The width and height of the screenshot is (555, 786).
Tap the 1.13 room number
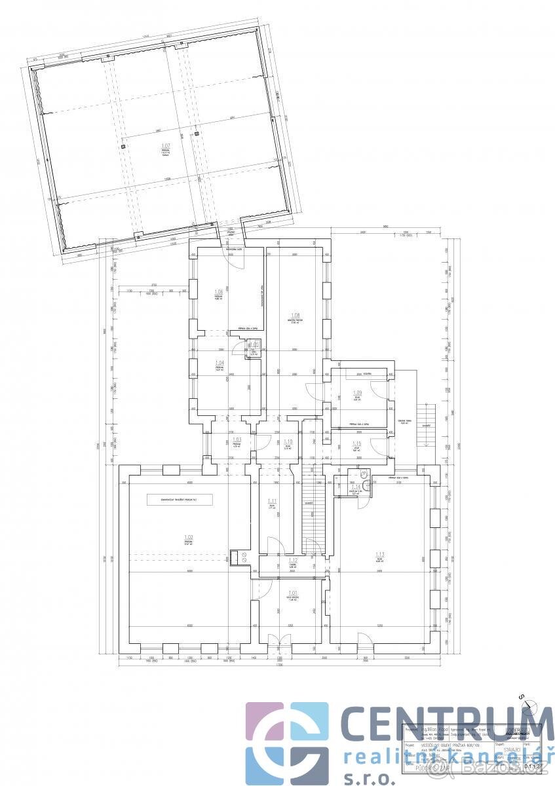(380, 554)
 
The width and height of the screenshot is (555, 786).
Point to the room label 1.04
(220, 362)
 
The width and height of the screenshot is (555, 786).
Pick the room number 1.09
(358, 393)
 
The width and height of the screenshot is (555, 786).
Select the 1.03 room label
(237, 440)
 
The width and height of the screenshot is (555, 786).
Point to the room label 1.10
(287, 441)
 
